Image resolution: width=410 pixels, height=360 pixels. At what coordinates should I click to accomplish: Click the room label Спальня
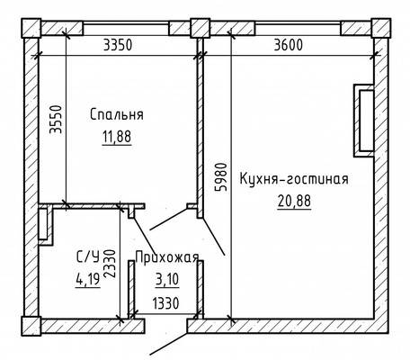point(117,114)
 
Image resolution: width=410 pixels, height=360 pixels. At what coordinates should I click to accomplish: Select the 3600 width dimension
point(293,42)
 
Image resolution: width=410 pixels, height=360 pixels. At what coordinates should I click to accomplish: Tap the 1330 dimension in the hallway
point(164,303)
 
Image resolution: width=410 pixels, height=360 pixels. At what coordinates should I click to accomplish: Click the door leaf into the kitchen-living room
point(215,236)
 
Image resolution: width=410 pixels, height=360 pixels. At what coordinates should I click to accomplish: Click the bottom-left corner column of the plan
point(31,325)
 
